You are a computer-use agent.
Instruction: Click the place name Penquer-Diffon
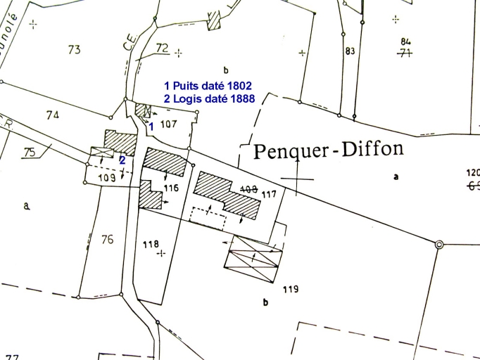(328, 150)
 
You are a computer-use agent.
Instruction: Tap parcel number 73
(75, 49)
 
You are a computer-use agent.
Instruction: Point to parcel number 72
(163, 48)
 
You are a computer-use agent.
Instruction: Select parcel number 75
(29, 152)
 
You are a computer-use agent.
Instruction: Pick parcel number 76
(106, 240)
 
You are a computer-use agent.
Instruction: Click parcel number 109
(107, 178)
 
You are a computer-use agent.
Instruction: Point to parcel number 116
(171, 188)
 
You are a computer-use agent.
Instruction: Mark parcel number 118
(151, 244)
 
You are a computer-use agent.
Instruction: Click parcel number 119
(291, 288)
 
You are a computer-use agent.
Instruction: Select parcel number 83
(350, 51)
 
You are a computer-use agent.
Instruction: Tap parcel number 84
(405, 41)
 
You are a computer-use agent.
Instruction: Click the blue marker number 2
(122, 160)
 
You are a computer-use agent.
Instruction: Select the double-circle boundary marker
(439, 245)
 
